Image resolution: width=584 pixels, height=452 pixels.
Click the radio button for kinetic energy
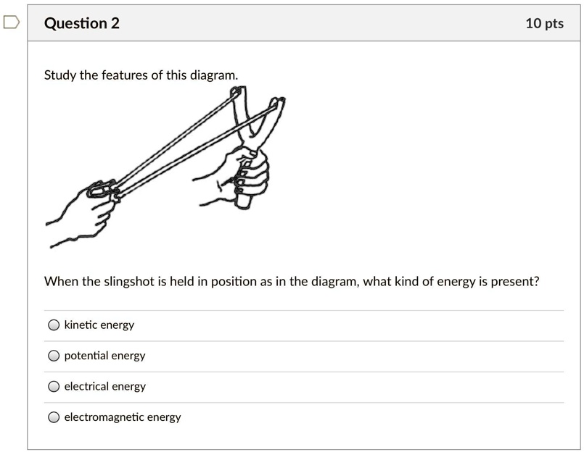point(54,325)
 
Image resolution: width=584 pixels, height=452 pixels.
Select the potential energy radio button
point(54,356)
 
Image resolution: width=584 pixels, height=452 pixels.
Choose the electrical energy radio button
point(54,387)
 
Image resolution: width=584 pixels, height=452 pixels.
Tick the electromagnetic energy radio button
point(54,417)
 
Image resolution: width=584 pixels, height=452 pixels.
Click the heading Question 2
point(82,24)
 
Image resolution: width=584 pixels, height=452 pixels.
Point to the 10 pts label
point(544,24)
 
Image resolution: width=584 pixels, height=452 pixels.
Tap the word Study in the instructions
point(59,75)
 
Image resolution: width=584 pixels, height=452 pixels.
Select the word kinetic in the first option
point(81,325)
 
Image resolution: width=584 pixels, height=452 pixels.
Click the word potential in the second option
point(86,356)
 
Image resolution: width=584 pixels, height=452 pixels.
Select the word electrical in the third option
point(86,387)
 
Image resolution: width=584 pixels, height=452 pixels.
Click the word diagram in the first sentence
point(213,75)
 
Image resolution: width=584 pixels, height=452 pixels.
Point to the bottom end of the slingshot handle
point(244,203)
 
